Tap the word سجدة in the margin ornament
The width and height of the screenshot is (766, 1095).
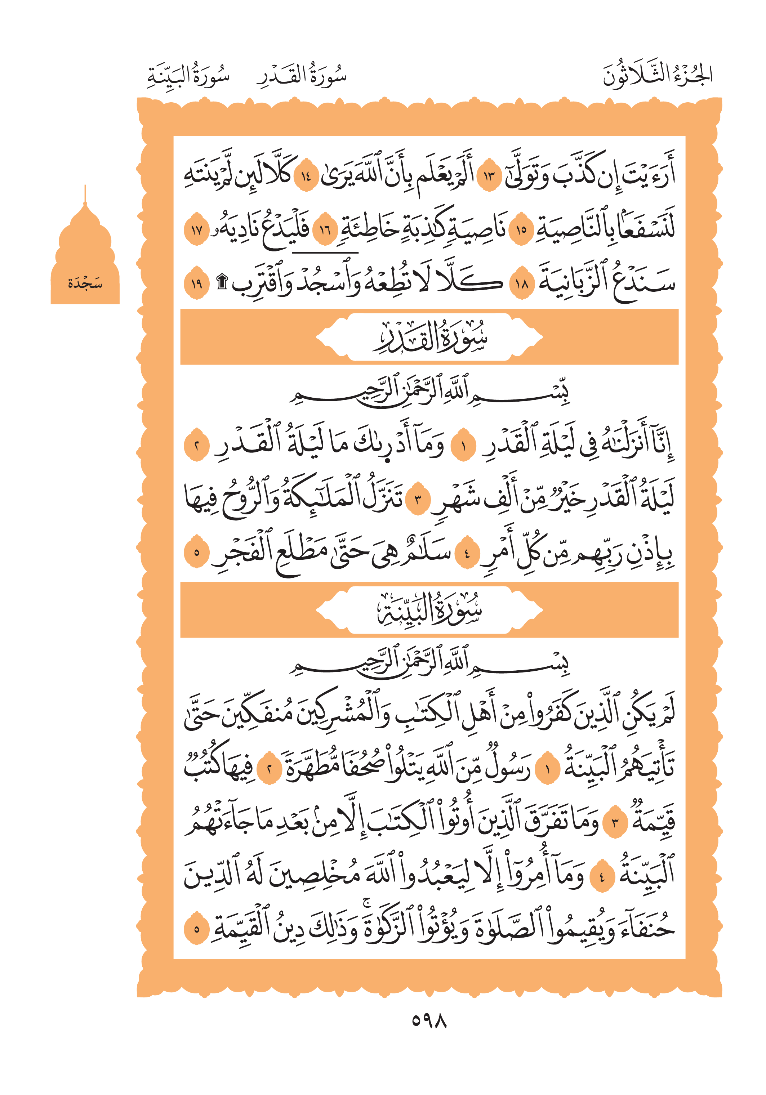click(x=85, y=284)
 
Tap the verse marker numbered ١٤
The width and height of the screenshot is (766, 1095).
click(x=305, y=177)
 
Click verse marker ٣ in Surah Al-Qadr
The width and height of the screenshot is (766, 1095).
click(x=418, y=499)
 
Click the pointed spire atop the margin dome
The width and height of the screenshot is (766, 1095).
click(x=85, y=193)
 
